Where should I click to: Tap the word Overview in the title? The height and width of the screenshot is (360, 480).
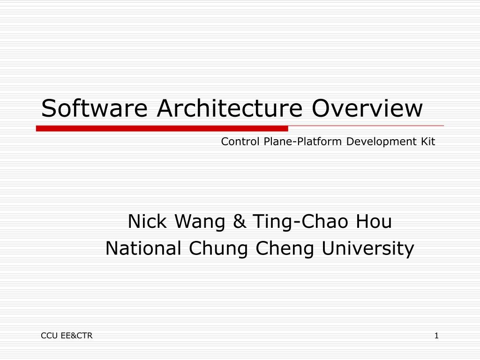[x=367, y=108]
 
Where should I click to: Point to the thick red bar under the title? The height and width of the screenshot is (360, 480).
[x=162, y=128]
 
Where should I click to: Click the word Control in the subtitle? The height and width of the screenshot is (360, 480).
[x=240, y=141]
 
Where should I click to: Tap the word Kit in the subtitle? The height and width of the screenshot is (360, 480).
[x=427, y=141]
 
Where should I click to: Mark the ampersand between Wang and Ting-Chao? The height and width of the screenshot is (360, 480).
[x=240, y=221]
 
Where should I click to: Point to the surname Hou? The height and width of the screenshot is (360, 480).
[x=374, y=221]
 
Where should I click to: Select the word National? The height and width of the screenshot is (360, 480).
[x=143, y=248]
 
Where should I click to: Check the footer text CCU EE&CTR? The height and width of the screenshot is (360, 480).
[x=67, y=335]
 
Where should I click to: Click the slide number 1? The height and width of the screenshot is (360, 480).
[x=436, y=335]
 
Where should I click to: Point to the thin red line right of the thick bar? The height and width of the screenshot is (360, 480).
[x=366, y=126]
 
